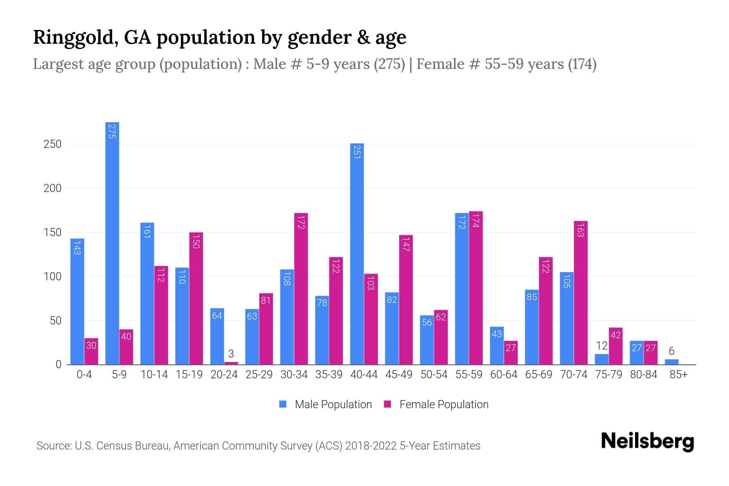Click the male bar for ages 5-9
click(x=112, y=243)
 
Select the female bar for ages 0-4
click(x=92, y=352)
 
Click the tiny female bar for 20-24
click(x=231, y=363)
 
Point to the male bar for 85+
click(x=671, y=362)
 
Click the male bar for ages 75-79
click(x=601, y=359)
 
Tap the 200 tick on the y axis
click(x=53, y=188)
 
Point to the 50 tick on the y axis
click(x=55, y=321)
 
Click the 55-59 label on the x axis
click(x=469, y=375)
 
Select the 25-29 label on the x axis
click(x=259, y=375)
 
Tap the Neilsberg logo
click(x=647, y=441)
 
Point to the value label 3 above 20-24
click(x=231, y=354)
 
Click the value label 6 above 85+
click(x=671, y=351)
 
